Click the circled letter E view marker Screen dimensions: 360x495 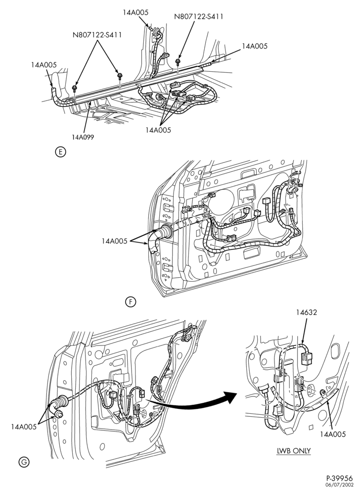pos(60,152)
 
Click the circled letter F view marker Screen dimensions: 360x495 pos(130,302)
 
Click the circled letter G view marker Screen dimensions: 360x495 pos(24,462)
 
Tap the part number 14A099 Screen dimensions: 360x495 pos(83,137)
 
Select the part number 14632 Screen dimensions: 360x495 pos(307,312)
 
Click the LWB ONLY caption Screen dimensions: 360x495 pos(293,450)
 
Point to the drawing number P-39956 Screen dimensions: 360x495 pos(339,479)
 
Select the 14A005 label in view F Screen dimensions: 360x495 pos(114,241)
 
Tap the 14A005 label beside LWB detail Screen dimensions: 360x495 pos(333,435)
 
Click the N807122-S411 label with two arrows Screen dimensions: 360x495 pos(97,35)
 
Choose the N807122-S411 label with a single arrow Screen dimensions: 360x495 pos(199,17)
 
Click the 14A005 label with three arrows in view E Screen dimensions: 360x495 pos(158,130)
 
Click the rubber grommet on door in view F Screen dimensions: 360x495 pos(167,231)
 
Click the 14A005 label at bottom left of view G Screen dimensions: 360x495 pos(24,427)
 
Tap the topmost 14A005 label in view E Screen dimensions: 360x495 pos(135,12)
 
